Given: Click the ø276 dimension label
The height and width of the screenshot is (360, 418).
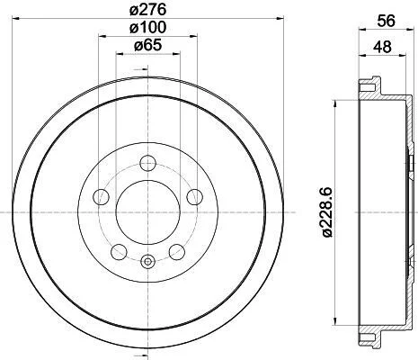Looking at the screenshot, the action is (147, 10).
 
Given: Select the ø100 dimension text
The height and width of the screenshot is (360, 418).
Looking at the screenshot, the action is (147, 28).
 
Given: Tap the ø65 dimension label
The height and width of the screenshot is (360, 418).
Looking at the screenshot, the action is (147, 45).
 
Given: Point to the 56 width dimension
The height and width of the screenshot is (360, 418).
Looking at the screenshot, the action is (387, 21).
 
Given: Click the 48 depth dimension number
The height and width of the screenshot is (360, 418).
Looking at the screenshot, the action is (382, 47).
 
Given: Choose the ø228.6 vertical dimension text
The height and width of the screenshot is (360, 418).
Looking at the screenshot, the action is (326, 212).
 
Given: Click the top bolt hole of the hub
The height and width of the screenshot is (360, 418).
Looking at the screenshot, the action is (148, 164).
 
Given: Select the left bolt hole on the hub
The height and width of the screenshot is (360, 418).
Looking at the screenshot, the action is (102, 197).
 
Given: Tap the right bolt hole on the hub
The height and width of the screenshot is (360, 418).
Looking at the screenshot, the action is (194, 197).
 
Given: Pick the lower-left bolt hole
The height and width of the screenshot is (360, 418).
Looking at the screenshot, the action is (119, 252).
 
